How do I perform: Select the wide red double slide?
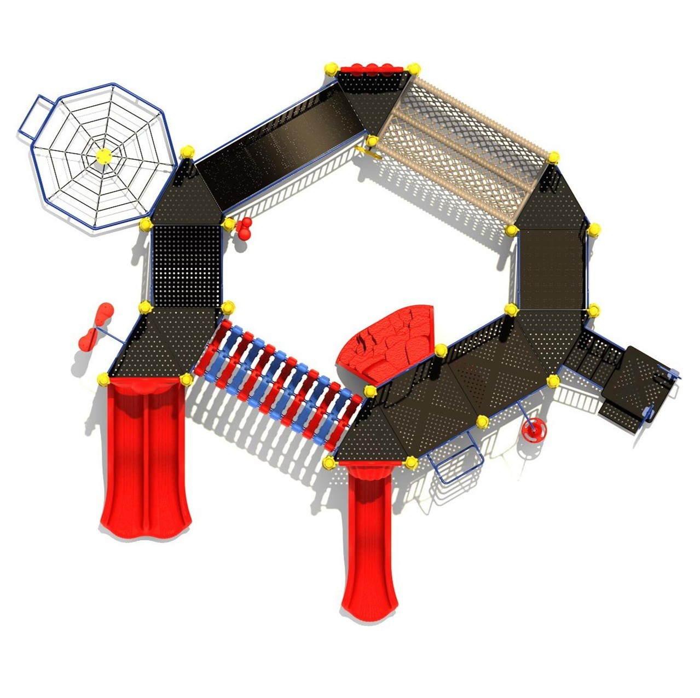coord(145,460)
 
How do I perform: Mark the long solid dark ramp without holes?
coord(279,145)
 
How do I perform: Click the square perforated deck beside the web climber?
coord(186,266)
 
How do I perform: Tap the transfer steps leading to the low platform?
coord(594,356)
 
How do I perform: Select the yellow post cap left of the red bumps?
coord(331,69)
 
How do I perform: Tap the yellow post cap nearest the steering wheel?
coord(482,422)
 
